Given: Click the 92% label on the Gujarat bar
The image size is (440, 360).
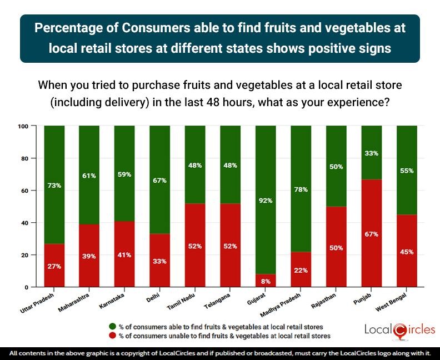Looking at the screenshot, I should click(266, 201).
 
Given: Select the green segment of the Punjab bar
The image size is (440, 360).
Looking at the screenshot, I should click(372, 150).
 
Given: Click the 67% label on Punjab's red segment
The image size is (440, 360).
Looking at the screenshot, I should click(372, 234).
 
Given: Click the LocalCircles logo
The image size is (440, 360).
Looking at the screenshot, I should click(399, 329).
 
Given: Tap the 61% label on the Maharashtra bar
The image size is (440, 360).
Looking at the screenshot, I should click(90, 176).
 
